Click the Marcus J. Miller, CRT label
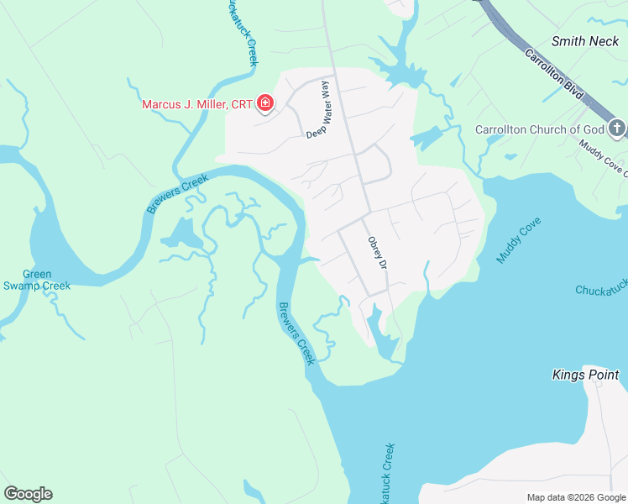pyautogui.click(x=196, y=104)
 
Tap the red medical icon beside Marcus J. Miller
pyautogui.click(x=265, y=103)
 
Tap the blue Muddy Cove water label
pyautogui.click(x=519, y=241)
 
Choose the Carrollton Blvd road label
pyautogui.click(x=554, y=76)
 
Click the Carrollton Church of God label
pyautogui.click(x=540, y=129)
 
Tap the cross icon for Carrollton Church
pyautogui.click(x=617, y=129)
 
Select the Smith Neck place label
pyautogui.click(x=585, y=40)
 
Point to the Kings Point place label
pyautogui.click(x=585, y=375)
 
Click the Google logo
pyautogui.click(x=28, y=494)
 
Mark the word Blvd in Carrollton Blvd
pyautogui.click(x=574, y=93)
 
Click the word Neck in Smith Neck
pyautogui.click(x=604, y=40)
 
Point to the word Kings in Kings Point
pyautogui.click(x=568, y=375)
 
